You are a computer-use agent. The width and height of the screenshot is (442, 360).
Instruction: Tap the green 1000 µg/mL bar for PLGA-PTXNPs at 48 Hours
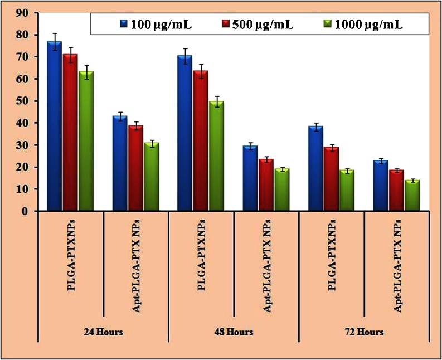(x=215, y=156)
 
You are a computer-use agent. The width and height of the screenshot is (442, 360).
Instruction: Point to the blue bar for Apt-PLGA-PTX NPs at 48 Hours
(x=250, y=178)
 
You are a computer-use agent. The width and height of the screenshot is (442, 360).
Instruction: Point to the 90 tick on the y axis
(x=22, y=13)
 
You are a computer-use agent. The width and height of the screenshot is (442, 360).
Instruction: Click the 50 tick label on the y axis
(x=22, y=101)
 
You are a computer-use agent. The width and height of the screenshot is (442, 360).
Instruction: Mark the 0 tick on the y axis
(x=25, y=211)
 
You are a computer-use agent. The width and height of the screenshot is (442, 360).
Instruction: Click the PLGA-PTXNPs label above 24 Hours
(x=71, y=262)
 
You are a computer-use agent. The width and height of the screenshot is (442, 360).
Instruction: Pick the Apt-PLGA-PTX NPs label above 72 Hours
(x=397, y=262)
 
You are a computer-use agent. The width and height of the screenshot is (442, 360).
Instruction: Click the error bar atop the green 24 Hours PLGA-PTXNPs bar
(x=86, y=71)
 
